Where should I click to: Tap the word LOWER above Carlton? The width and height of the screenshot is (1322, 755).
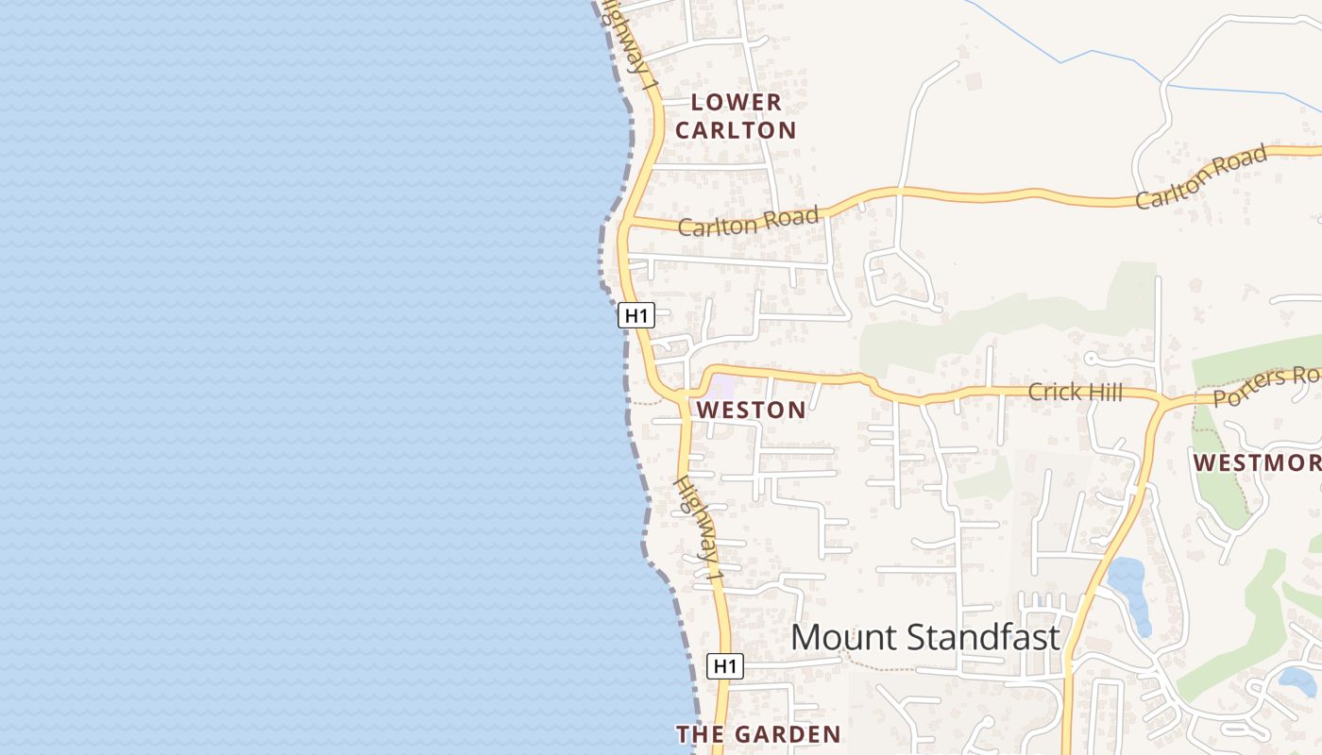pyautogui.click(x=737, y=102)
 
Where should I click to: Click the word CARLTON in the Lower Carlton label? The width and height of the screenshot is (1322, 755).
pyautogui.click(x=737, y=130)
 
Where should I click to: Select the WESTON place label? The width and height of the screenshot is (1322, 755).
pyautogui.click(x=752, y=410)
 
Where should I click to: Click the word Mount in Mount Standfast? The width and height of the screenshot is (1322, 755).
pyautogui.click(x=837, y=637)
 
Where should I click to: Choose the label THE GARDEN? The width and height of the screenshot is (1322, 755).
pyautogui.click(x=758, y=734)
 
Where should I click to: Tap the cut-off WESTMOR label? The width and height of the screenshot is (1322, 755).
pyautogui.click(x=1257, y=462)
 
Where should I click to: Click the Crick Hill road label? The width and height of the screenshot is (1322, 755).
pyautogui.click(x=1075, y=392)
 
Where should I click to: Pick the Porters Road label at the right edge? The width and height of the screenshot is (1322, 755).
pyautogui.click(x=1265, y=385)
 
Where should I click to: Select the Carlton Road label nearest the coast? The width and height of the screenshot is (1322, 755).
pyautogui.click(x=748, y=222)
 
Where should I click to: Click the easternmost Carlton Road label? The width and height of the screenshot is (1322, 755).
pyautogui.click(x=1201, y=177)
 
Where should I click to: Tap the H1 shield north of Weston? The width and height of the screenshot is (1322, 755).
pyautogui.click(x=636, y=315)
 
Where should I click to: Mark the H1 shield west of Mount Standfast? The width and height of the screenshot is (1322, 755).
pyautogui.click(x=725, y=666)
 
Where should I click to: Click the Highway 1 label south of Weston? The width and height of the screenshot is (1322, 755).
pyautogui.click(x=698, y=528)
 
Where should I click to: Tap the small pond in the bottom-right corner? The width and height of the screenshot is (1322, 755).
pyautogui.click(x=1298, y=680)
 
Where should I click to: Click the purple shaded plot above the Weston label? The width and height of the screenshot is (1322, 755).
pyautogui.click(x=723, y=388)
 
